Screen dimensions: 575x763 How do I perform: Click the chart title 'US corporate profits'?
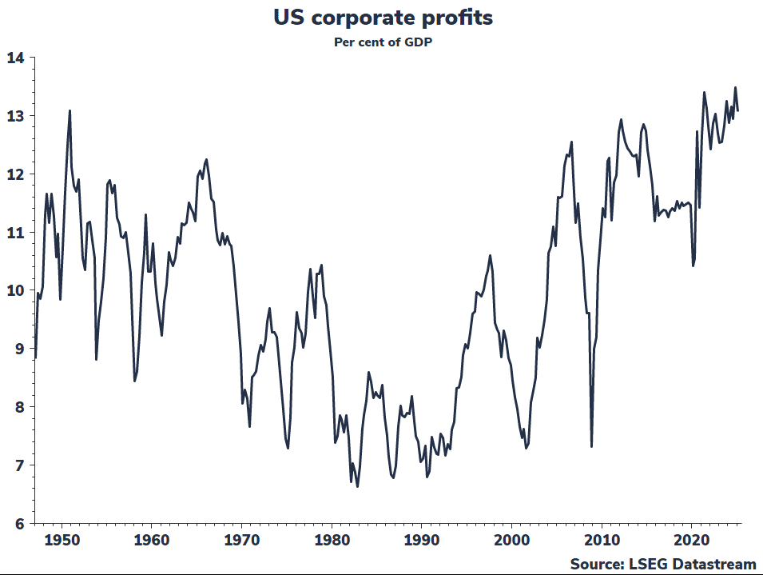click(x=381, y=17)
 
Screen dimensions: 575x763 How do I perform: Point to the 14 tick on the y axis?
click(x=15, y=58)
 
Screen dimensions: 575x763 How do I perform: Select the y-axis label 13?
click(x=15, y=116)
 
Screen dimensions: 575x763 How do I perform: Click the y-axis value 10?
click(x=15, y=290)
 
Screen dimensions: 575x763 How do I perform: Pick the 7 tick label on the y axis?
click(x=19, y=465)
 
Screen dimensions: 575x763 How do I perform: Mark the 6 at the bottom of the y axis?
click(x=19, y=524)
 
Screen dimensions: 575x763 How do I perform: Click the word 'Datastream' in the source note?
click(x=711, y=565)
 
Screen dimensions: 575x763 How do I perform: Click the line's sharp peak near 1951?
click(x=70, y=111)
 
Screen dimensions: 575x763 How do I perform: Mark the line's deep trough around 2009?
click(x=591, y=446)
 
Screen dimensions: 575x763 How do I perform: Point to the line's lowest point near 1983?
click(x=357, y=486)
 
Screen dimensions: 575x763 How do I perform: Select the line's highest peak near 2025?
click(x=735, y=88)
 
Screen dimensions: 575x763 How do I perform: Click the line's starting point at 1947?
click(x=36, y=357)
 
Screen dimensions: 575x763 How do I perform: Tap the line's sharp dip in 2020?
click(x=693, y=266)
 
